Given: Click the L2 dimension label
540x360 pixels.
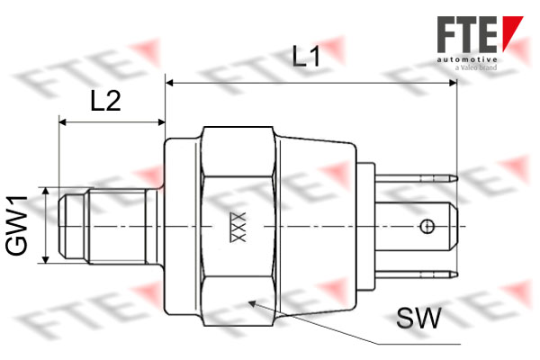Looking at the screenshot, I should click(x=105, y=101).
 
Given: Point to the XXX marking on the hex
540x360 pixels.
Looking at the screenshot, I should click(x=238, y=227).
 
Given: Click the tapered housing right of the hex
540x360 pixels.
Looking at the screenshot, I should click(x=315, y=225).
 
